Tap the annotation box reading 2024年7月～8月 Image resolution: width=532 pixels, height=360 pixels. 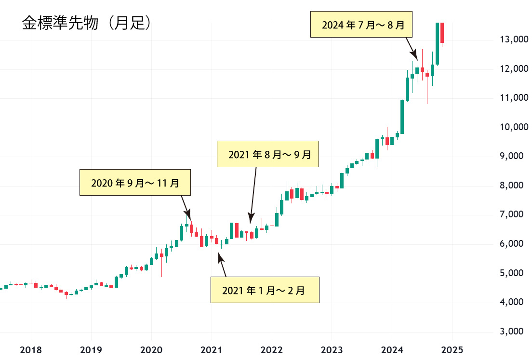coord(360,25)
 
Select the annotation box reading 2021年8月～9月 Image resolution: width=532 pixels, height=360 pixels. coord(268,154)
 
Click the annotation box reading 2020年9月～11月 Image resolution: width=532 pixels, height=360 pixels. coord(135,183)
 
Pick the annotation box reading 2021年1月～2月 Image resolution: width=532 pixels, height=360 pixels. coord(265,290)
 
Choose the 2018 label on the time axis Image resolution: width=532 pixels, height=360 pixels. coord(31,350)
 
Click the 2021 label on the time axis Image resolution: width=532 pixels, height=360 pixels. coord(211,350)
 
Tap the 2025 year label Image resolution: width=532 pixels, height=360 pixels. coord(452,350)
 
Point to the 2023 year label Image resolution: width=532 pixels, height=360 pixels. coord(332,350)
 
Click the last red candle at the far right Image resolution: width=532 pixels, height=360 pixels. coord(442,32)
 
